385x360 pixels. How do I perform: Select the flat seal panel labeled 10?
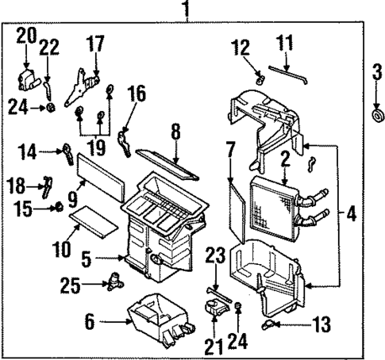point(93,220)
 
